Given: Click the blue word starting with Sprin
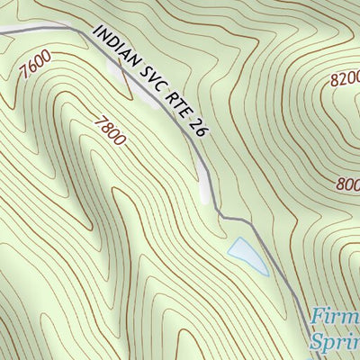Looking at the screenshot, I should (x=335, y=342).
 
